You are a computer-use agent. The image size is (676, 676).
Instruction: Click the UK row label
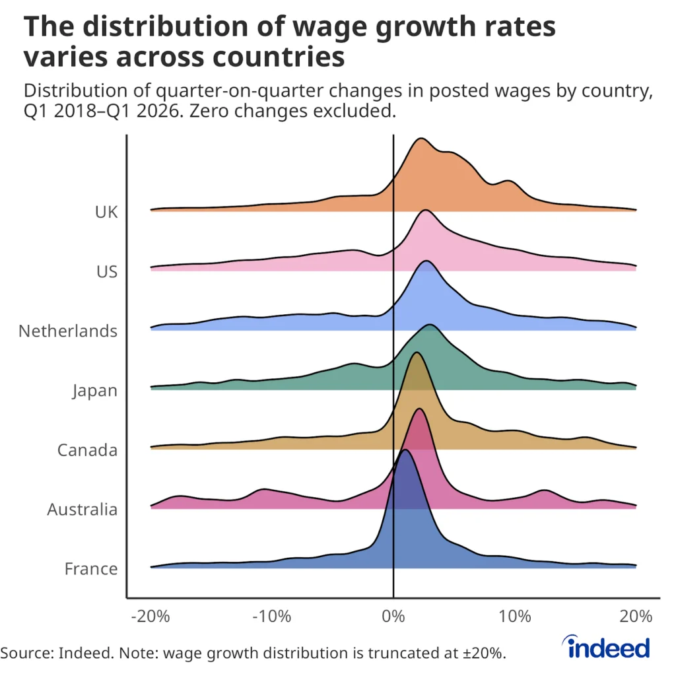[106, 212]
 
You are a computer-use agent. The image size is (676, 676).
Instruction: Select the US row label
[106, 271]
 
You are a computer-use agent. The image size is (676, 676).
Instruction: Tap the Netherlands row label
[68, 331]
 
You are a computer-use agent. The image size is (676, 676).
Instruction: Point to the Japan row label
[95, 390]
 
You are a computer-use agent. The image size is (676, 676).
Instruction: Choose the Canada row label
[87, 450]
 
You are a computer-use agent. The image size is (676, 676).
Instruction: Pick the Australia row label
[83, 509]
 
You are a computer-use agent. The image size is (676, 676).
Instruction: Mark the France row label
[91, 568]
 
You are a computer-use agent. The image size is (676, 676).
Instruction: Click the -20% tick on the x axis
[151, 617]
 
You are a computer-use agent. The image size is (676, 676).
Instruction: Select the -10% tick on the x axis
[272, 617]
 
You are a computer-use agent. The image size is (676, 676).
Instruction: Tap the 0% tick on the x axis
[393, 617]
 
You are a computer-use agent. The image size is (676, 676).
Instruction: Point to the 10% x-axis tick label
[515, 617]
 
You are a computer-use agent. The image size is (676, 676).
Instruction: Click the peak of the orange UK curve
[419, 139]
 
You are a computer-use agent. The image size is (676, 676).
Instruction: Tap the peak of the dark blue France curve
[405, 450]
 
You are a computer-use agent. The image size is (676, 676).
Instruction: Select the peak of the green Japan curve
[430, 325]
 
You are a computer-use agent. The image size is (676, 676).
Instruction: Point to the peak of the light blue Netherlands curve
[426, 261]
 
